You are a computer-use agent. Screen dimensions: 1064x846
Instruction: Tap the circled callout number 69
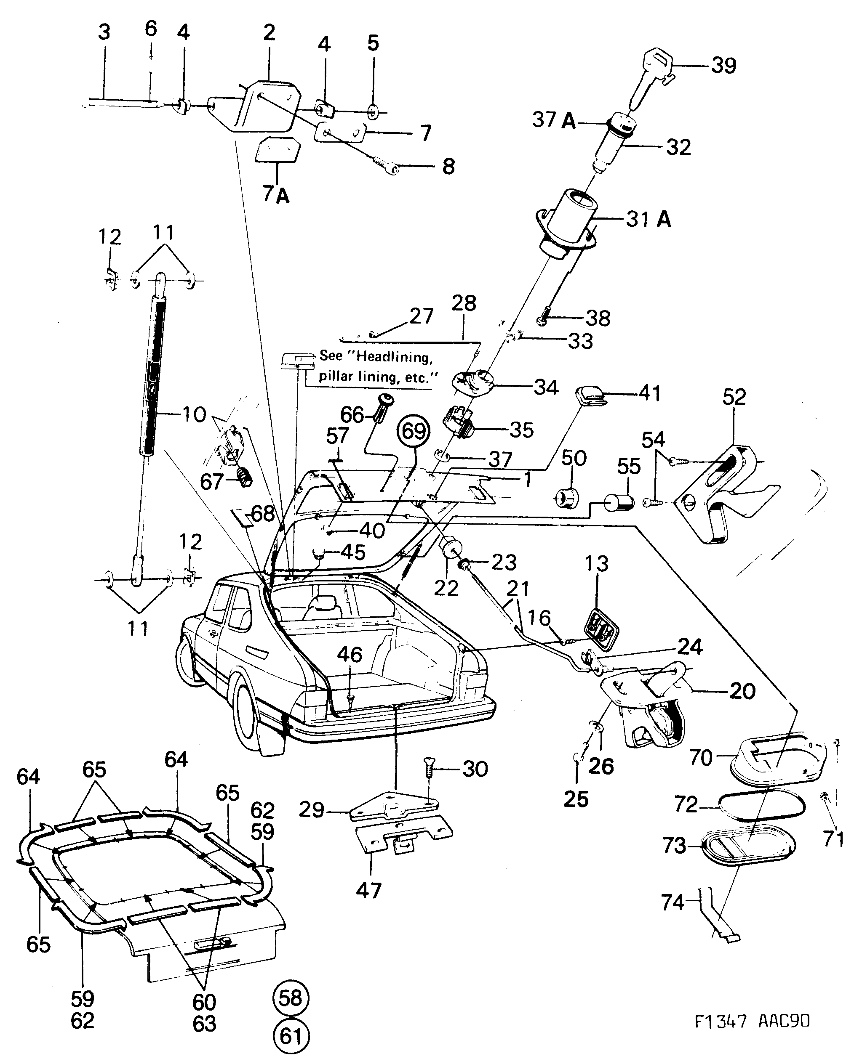coord(414,431)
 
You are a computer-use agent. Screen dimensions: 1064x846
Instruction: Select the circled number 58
coord(291,998)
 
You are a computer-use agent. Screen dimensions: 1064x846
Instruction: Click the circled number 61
coord(291,1036)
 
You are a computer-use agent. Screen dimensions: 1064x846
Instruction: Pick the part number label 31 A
coord(649,219)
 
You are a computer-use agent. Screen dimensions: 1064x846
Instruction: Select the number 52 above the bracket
coord(734,397)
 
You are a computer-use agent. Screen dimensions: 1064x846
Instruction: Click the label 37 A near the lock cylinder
coord(554,119)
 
